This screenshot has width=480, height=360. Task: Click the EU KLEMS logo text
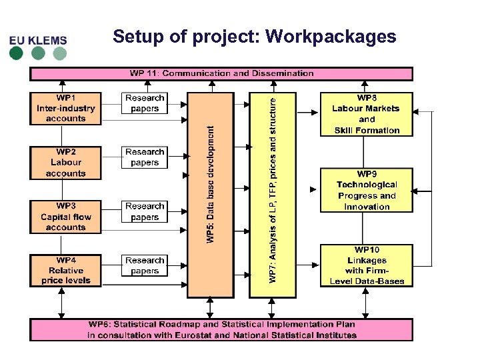38,40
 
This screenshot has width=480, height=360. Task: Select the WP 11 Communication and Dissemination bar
221,73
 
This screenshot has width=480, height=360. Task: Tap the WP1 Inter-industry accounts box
65,108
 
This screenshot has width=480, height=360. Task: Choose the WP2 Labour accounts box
65,163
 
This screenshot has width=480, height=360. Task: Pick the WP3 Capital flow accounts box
65,217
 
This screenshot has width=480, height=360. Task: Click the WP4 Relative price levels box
65,271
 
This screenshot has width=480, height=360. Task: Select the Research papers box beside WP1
145,103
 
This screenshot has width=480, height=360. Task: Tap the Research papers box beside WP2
145,157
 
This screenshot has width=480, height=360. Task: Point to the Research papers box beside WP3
145,212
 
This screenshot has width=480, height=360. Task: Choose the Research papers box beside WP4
145,266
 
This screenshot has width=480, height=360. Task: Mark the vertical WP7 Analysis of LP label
272,187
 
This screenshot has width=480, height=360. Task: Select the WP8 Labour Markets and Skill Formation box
367,114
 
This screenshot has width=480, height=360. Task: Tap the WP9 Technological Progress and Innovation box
367,190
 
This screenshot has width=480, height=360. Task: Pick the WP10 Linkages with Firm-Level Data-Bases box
367,265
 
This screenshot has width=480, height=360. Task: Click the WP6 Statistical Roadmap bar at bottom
221,329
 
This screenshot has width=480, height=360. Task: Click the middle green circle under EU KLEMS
38,53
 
